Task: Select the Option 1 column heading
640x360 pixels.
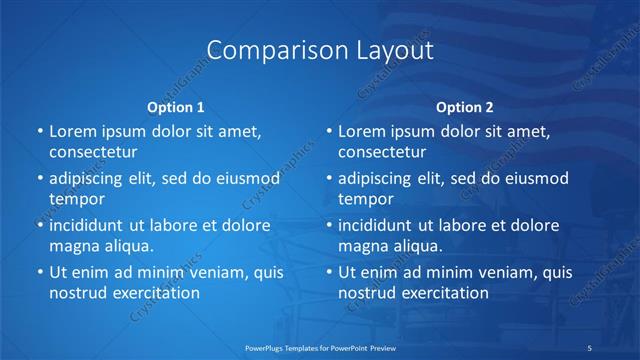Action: pos(176,107)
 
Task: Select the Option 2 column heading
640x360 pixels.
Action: pos(465,107)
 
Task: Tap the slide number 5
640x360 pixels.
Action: pos(591,346)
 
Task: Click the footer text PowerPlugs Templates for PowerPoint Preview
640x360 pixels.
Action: pos(320,346)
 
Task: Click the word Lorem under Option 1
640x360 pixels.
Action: pos(72,132)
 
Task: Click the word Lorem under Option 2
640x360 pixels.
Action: pos(361,132)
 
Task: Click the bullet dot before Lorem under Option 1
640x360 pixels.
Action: pos(39,132)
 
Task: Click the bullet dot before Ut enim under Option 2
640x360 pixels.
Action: pos(328,272)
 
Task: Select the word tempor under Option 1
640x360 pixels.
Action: pos(76,199)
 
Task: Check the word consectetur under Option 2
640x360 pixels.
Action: pos(382,153)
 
